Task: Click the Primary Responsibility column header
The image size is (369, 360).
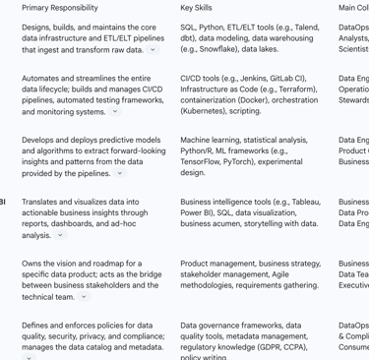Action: pyautogui.click(x=59, y=7)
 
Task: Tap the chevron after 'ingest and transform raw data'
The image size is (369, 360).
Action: pyautogui.click(x=154, y=49)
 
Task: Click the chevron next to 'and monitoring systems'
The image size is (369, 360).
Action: pyautogui.click(x=115, y=111)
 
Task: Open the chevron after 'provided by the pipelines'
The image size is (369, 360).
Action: pyautogui.click(x=120, y=173)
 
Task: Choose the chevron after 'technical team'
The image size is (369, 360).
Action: pyautogui.click(x=84, y=296)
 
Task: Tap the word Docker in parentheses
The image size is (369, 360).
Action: pyautogui.click(x=256, y=99)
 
